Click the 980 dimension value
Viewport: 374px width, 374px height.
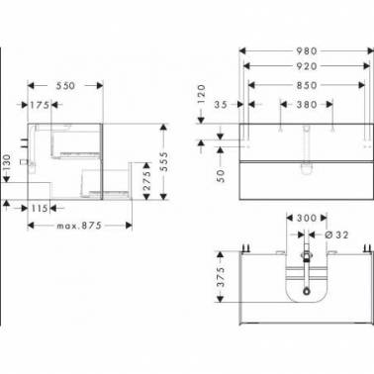point(307,51)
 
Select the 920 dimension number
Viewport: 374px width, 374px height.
point(307,66)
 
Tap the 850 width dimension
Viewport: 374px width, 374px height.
point(307,85)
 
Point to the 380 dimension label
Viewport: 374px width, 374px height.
point(307,105)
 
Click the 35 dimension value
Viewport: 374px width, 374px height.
point(221,105)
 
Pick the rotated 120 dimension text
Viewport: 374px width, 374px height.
point(202,94)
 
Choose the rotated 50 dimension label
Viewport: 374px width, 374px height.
point(221,176)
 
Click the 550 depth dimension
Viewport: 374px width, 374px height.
point(65,86)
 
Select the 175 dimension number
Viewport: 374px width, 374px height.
point(40,105)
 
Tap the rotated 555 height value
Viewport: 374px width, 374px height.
point(163,161)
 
